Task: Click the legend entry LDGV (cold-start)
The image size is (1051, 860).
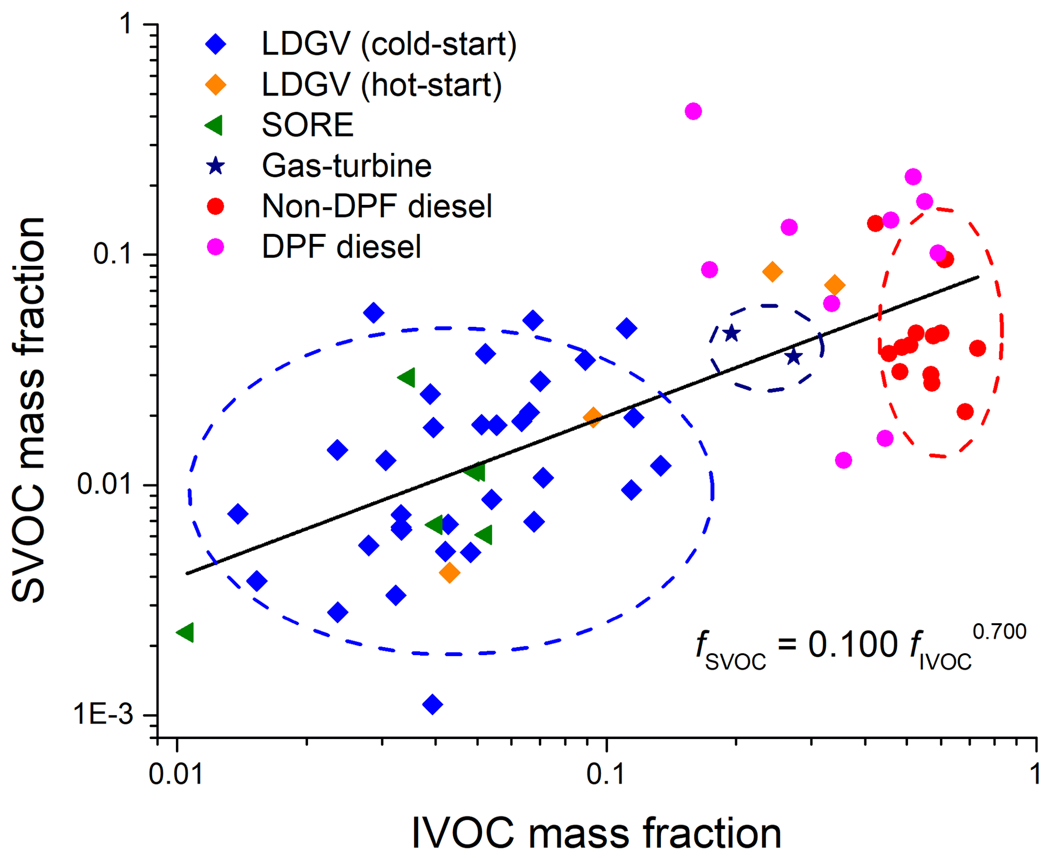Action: point(388,44)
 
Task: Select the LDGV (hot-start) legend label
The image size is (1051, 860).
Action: point(381,85)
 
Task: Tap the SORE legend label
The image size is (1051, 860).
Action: point(307,125)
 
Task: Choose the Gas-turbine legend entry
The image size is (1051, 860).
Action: point(346,166)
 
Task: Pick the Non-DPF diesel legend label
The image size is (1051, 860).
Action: point(377,206)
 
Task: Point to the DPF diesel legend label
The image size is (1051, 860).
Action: point(341,247)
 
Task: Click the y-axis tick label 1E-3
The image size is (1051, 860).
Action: point(103,715)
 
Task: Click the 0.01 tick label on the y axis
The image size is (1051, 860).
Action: point(105,484)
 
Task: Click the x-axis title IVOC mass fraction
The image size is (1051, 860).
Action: point(596,833)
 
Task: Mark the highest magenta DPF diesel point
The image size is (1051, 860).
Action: point(693,111)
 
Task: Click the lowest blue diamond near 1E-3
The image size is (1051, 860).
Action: point(432,704)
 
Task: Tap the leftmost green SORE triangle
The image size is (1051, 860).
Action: point(186,632)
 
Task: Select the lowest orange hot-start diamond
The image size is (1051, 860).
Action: point(449,573)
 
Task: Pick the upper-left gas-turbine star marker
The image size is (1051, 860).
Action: point(731,333)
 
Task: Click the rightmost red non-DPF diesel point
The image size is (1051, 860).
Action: point(977,348)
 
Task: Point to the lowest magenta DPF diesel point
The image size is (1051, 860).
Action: point(843,460)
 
